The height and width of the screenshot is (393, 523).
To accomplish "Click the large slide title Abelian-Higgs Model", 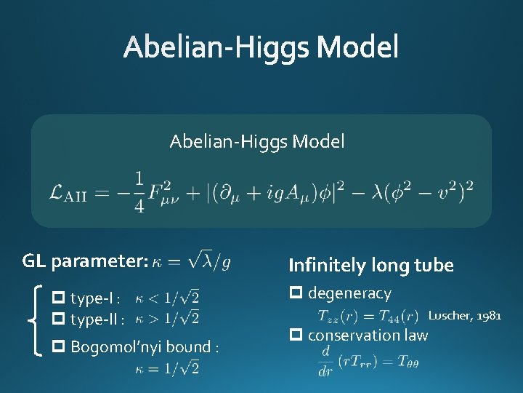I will click(261, 48).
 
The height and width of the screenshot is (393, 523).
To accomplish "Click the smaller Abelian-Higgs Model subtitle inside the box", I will click(257, 141).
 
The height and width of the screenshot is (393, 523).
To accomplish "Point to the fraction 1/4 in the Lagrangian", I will click(139, 191).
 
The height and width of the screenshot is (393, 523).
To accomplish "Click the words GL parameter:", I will click(86, 261).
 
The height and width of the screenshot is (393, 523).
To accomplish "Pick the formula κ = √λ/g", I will click(192, 261).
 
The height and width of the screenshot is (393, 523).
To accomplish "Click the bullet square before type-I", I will click(60, 298).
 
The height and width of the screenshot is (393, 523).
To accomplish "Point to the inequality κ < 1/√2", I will click(167, 298).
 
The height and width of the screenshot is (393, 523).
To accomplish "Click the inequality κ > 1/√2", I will click(167, 319).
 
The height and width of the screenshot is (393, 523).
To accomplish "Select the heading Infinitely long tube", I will click(370, 266).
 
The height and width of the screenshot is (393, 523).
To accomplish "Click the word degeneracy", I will click(349, 293).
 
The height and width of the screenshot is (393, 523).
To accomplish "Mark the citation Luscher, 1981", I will click(464, 315).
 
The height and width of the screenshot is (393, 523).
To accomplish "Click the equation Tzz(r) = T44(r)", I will click(368, 315).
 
